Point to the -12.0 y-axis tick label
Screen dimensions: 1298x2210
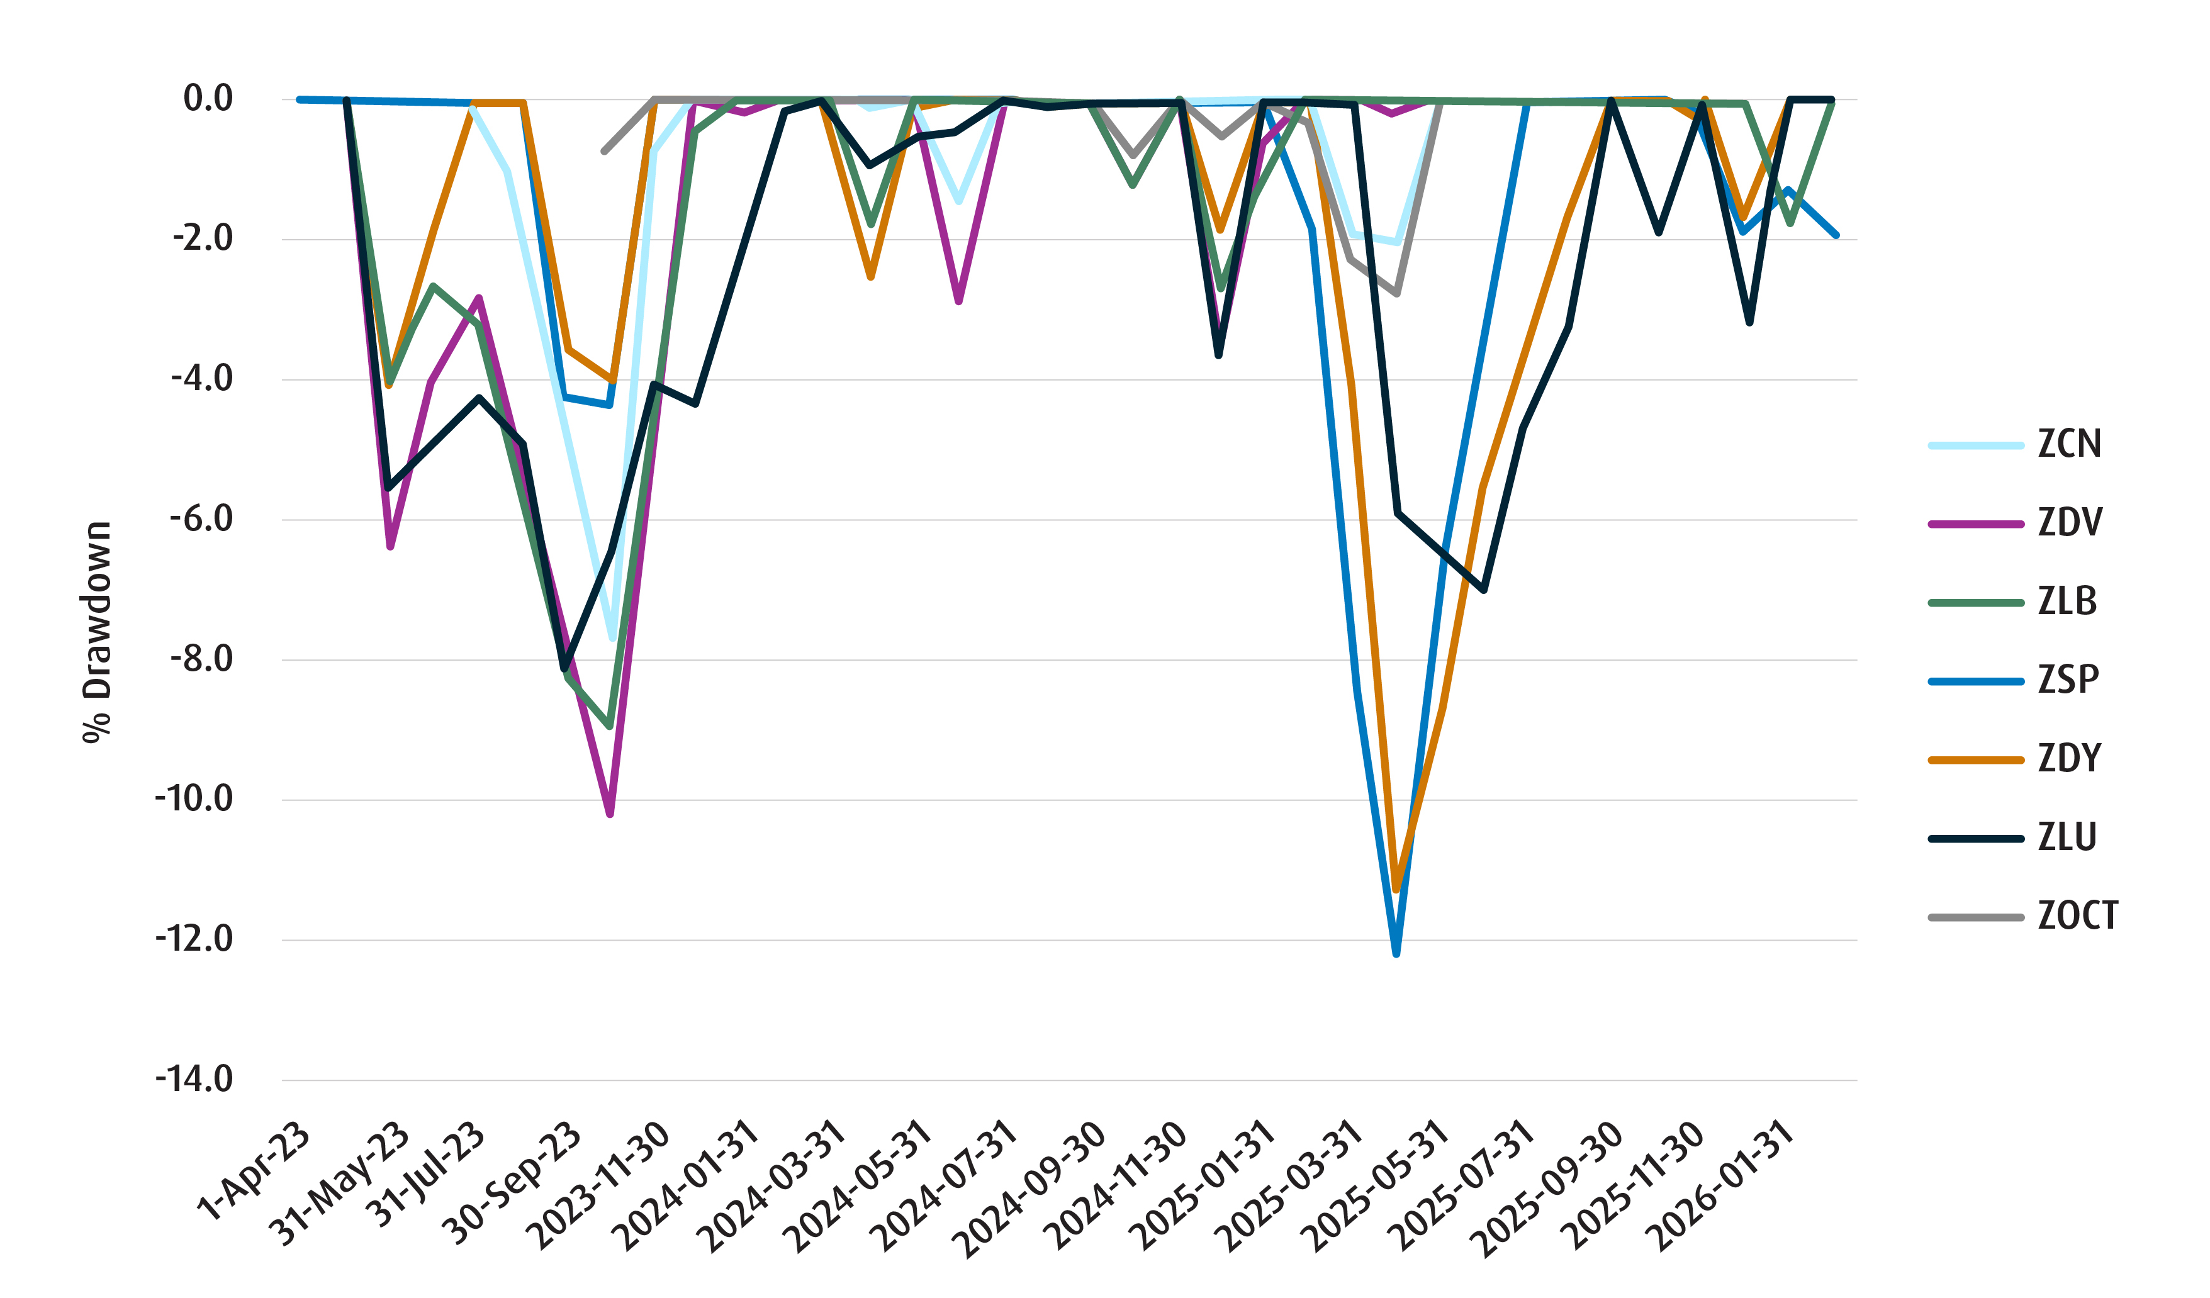point(194,940)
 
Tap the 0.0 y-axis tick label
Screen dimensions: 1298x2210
point(208,99)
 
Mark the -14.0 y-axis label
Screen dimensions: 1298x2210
point(194,1080)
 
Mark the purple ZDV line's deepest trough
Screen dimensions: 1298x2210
point(610,815)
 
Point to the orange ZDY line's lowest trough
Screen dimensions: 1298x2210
point(1396,890)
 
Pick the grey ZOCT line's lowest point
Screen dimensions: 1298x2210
point(1396,294)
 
